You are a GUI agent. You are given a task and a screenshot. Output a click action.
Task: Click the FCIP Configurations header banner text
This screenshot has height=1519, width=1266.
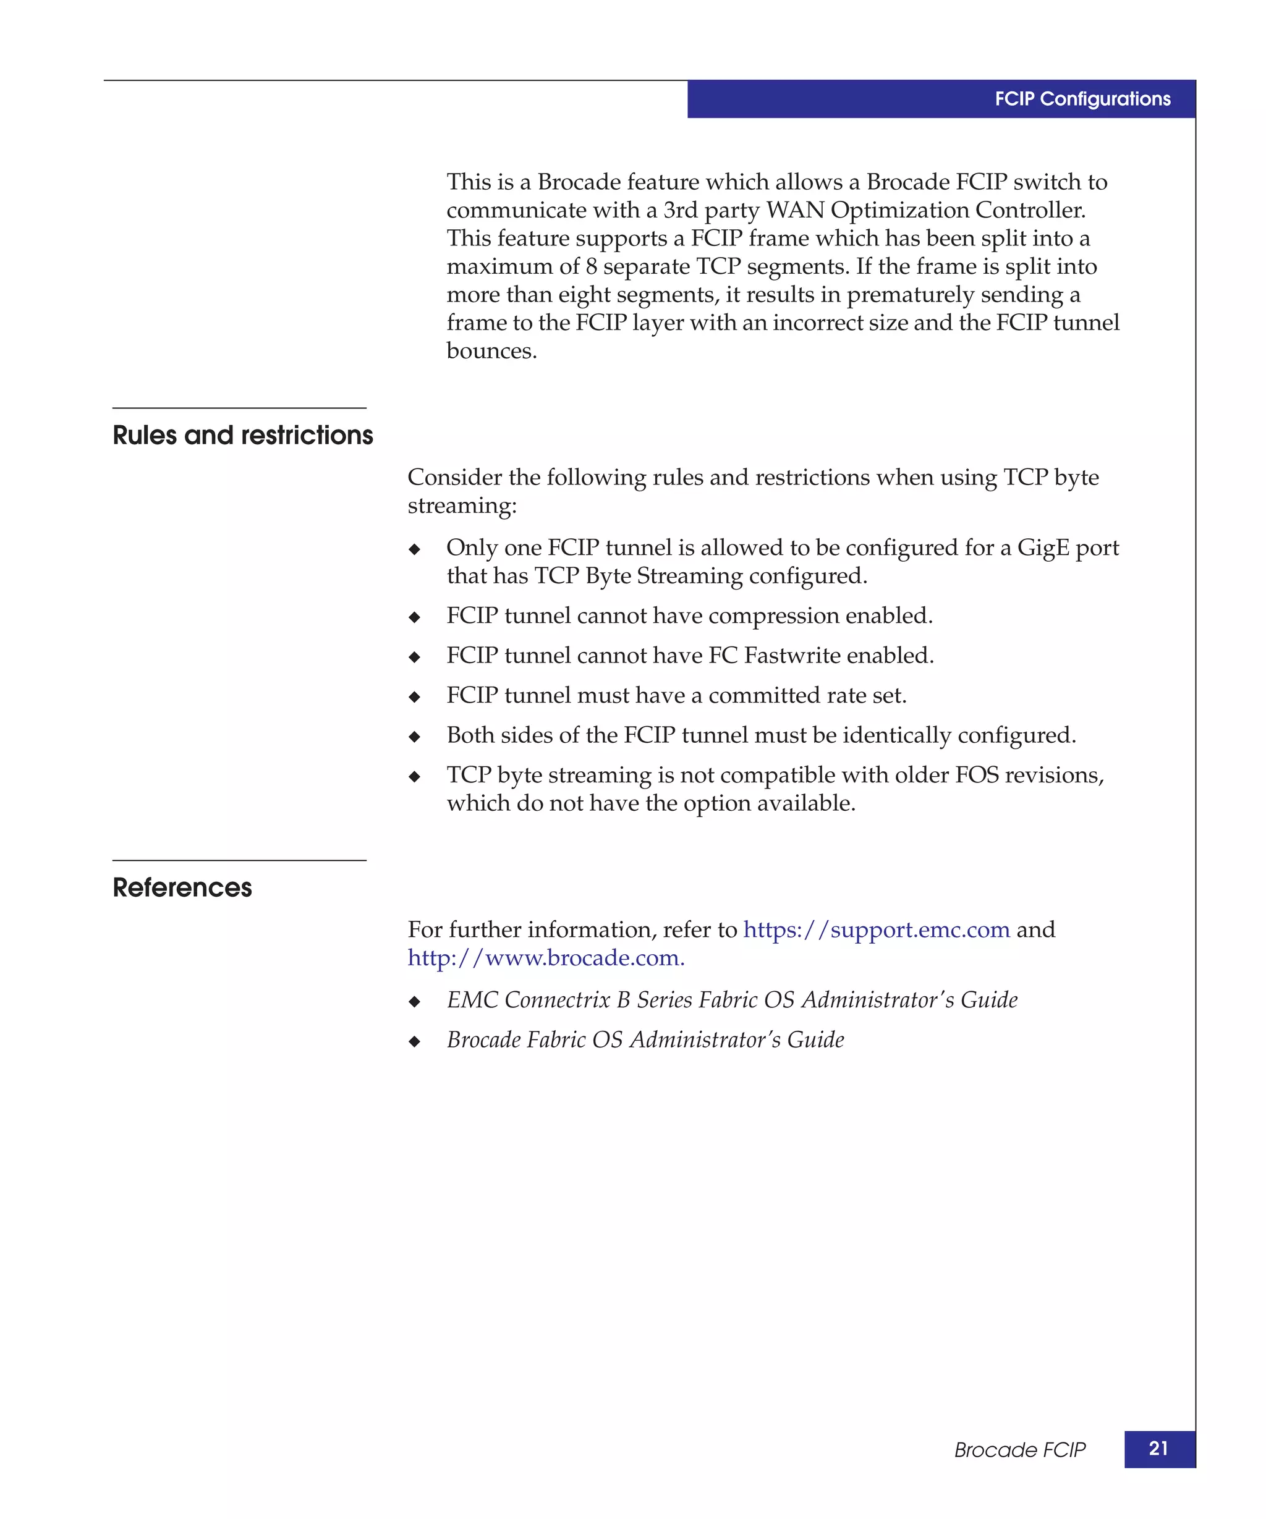[1082, 99]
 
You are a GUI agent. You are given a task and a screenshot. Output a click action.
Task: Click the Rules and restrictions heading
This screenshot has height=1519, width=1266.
[242, 436]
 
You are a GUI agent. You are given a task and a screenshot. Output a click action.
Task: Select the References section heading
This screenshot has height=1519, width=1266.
[182, 887]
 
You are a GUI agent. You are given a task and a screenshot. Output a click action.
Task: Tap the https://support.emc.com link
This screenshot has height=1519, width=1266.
[876, 929]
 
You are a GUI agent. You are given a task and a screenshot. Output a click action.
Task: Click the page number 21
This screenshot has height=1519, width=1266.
[1158, 1448]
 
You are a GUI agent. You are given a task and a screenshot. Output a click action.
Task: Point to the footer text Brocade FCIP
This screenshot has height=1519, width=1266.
[1019, 1450]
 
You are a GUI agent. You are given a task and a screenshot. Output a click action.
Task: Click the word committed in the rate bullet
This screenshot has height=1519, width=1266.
[755, 695]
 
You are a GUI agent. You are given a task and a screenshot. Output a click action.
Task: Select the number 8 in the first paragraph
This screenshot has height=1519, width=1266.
[591, 267]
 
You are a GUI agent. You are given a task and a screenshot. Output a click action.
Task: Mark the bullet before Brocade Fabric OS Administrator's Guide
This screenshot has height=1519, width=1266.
[415, 1041]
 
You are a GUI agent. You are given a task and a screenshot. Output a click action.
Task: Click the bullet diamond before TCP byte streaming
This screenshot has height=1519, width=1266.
[415, 777]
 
